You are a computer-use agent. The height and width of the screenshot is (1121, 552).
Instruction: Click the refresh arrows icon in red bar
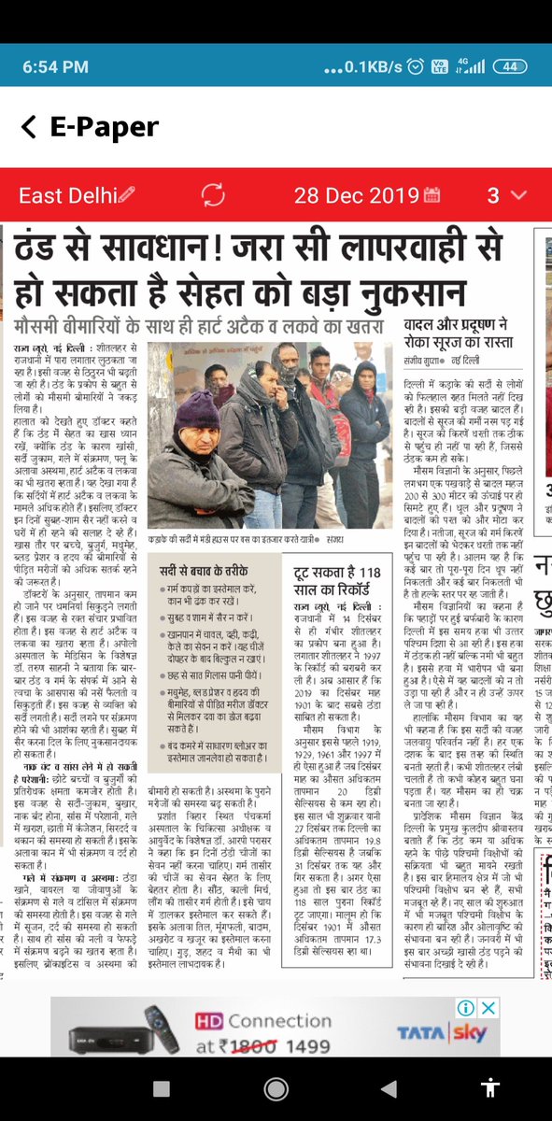point(212,195)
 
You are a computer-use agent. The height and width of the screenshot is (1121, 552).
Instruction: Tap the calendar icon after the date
point(432,195)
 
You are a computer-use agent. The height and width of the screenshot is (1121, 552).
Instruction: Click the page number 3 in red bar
point(493,195)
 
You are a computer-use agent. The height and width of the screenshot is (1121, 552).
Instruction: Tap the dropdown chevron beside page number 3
point(519,195)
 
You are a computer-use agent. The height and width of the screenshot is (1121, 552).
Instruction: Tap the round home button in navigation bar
point(276,1089)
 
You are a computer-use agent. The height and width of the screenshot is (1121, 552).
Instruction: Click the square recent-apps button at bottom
point(161,1089)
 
